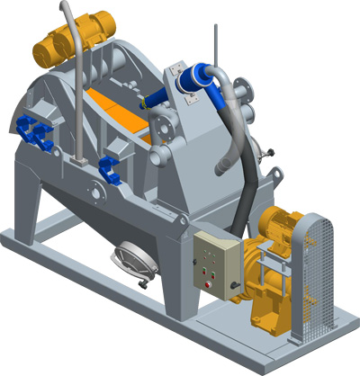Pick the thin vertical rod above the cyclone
215,45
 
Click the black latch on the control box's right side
235,286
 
